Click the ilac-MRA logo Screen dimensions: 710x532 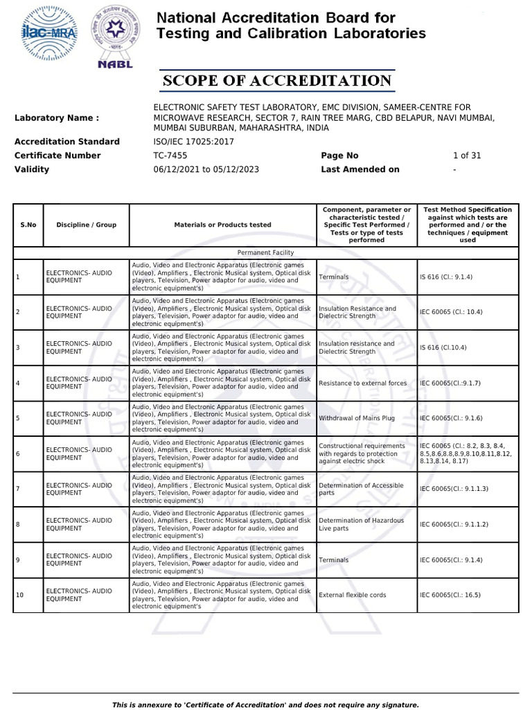coord(49,33)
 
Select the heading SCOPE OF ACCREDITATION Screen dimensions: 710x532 coord(277,81)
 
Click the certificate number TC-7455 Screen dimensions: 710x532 coord(170,155)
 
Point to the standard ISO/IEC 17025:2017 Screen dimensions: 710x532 coord(193,141)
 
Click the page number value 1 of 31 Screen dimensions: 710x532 coord(466,155)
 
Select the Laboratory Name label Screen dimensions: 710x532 coord(57,118)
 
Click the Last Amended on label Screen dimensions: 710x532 coord(360,169)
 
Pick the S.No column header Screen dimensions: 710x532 coord(28,225)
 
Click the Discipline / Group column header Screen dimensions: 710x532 coord(87,225)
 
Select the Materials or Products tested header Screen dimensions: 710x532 coord(222,225)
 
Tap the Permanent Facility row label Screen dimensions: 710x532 coord(265,253)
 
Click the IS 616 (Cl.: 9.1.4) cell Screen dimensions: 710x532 coord(446,277)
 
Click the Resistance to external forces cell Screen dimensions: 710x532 coord(362,383)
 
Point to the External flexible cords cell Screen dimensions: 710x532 coord(353,595)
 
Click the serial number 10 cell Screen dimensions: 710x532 coord(20,595)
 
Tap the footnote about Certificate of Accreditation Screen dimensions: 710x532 coord(265,704)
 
